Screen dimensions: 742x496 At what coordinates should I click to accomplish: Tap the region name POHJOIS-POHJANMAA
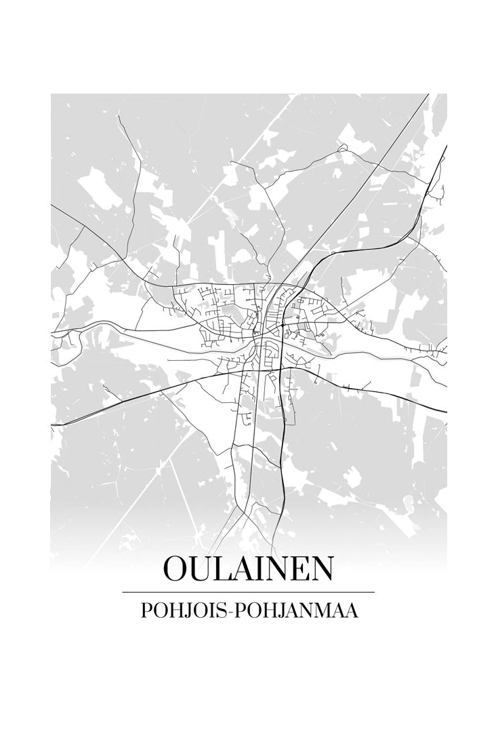(x=248, y=610)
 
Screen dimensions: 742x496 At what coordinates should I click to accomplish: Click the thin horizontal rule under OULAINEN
(x=248, y=592)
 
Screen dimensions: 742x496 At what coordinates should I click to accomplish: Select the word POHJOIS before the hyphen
(x=186, y=610)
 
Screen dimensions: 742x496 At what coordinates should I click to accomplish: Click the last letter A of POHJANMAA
(x=352, y=610)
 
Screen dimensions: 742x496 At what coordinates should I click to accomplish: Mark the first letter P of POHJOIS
(x=146, y=610)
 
